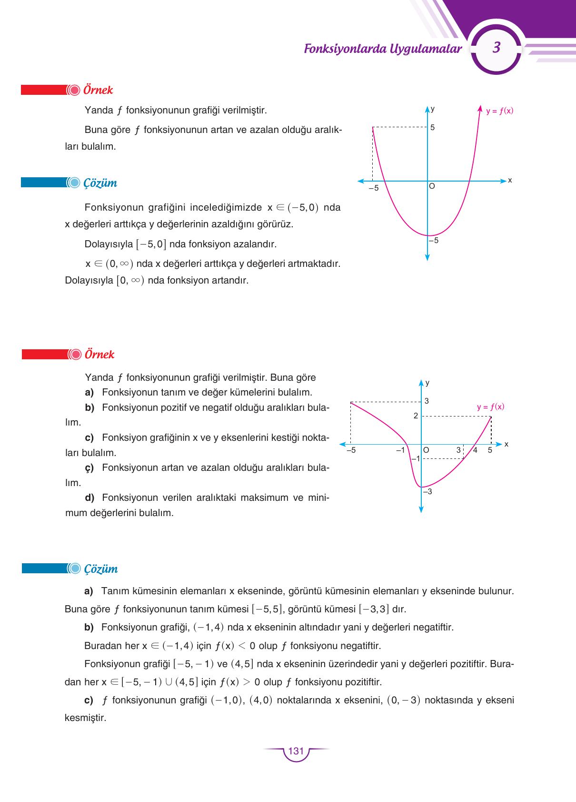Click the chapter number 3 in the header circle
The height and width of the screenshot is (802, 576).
click(497, 48)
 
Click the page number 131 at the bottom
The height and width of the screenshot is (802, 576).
click(296, 751)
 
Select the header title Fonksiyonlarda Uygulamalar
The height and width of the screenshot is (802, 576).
click(383, 49)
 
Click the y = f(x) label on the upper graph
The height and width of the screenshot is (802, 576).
click(499, 111)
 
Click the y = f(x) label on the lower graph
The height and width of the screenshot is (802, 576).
click(490, 407)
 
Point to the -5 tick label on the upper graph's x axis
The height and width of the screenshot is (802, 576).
click(374, 188)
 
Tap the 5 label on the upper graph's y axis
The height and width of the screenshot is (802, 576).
click(433, 128)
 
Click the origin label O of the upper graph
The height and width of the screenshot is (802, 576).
click(432, 186)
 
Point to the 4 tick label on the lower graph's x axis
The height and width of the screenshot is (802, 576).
click(475, 450)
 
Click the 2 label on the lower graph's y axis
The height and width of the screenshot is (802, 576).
click(416, 416)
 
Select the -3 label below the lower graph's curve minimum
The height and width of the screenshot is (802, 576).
click(427, 491)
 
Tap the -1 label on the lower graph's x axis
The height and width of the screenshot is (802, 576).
click(400, 450)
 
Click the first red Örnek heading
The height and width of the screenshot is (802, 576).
click(98, 90)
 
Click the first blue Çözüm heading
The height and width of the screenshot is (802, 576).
click(100, 183)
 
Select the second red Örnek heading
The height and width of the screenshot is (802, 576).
click(99, 355)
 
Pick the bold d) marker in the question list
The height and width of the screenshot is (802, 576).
click(89, 497)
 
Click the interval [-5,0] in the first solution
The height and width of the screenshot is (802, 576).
click(151, 244)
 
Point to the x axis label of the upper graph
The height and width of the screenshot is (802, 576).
click(510, 180)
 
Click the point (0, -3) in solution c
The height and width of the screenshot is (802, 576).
click(404, 700)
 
